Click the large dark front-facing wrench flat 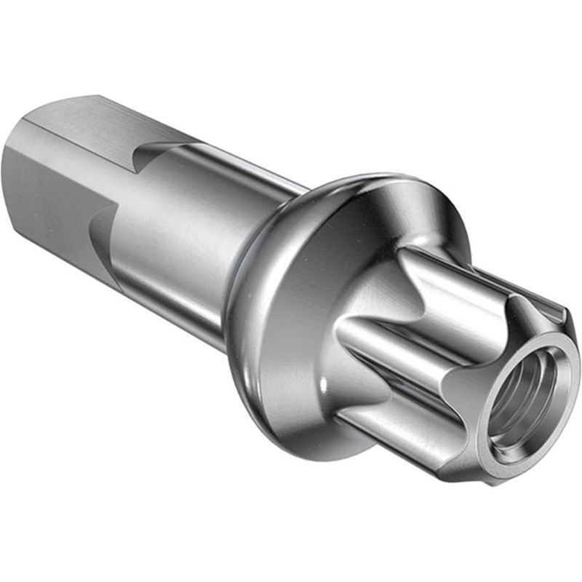[44, 196]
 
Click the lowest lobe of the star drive [400, 429]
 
